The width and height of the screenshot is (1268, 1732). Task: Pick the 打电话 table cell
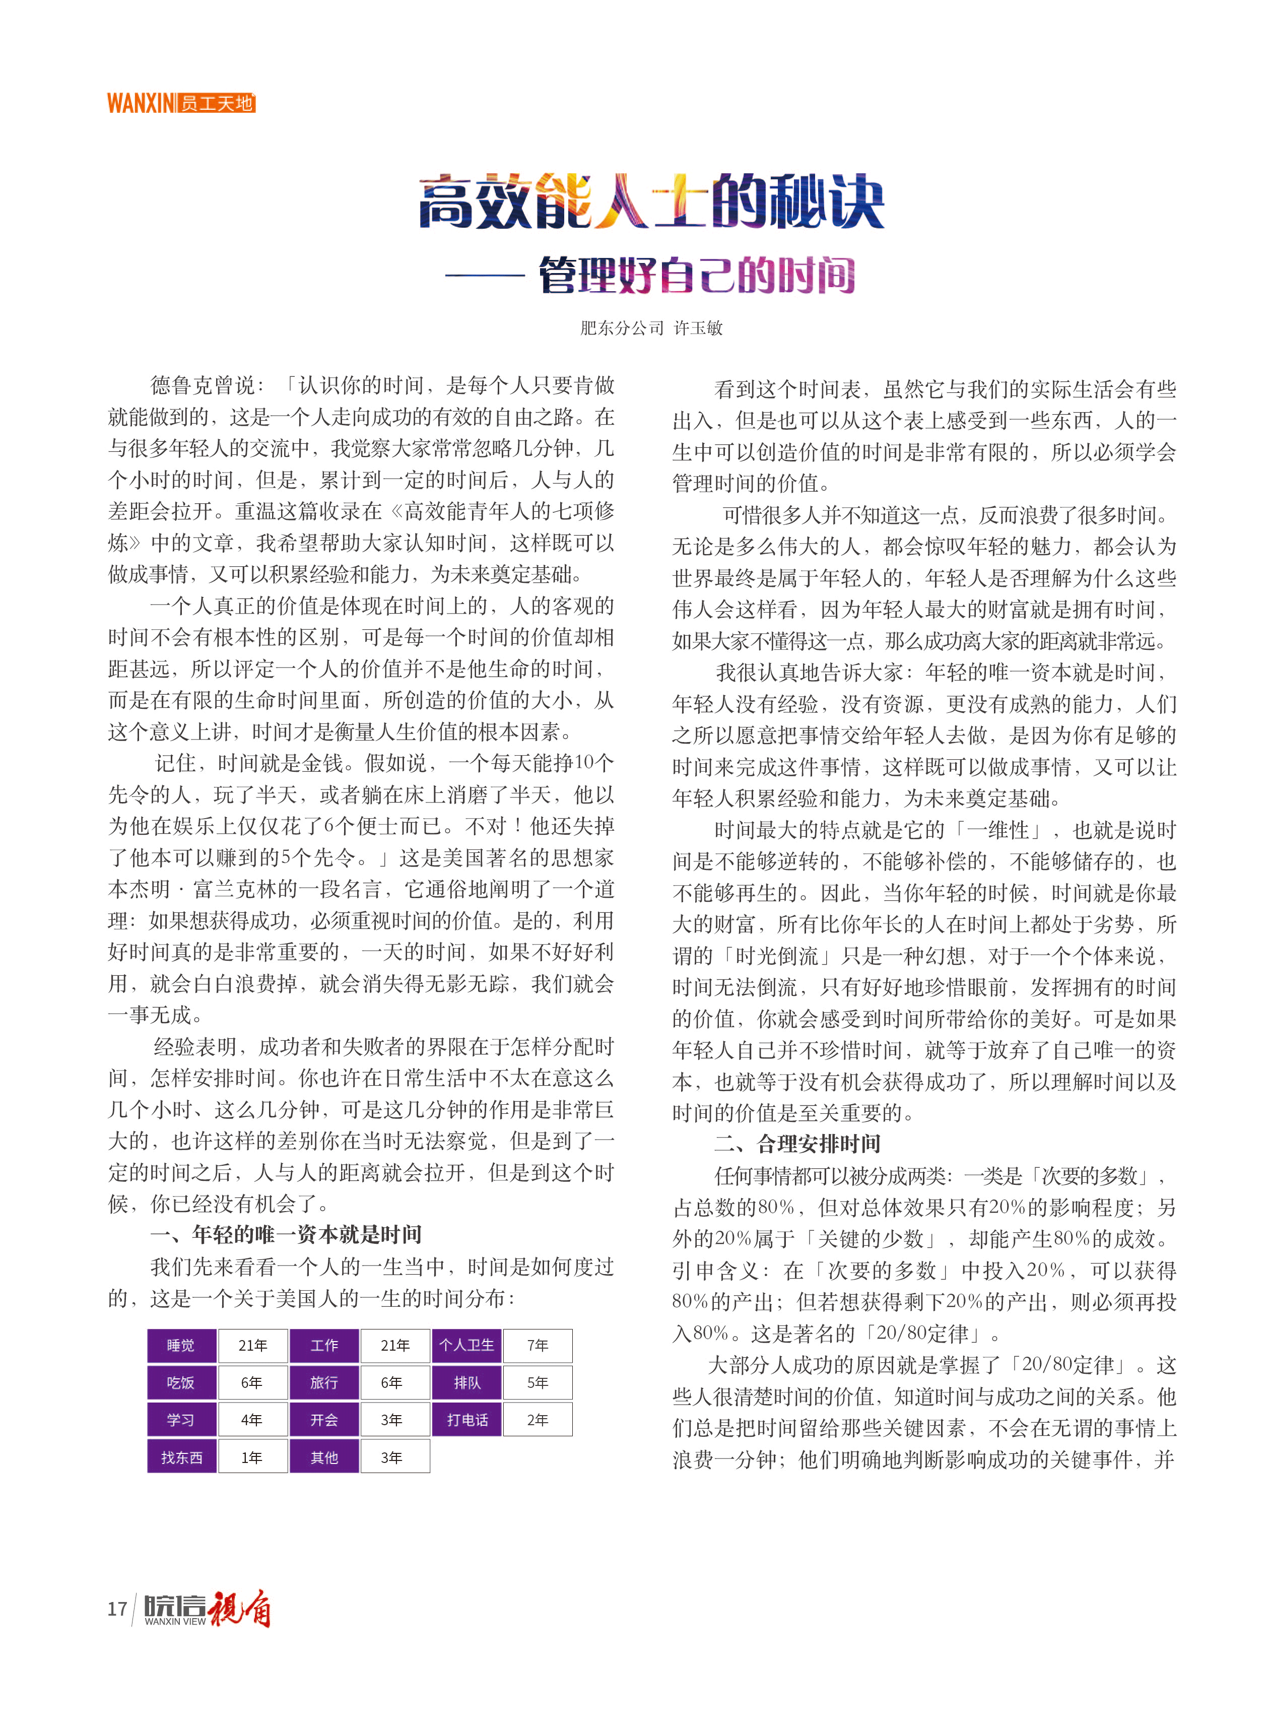[466, 1419]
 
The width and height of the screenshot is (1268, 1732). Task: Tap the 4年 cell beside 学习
[252, 1419]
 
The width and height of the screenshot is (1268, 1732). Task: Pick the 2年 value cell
[538, 1419]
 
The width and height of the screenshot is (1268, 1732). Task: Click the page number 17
[117, 1609]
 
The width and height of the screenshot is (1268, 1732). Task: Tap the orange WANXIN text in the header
[141, 103]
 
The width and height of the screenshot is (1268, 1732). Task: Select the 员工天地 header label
[217, 103]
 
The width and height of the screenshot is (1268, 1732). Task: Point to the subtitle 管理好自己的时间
[696, 275]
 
